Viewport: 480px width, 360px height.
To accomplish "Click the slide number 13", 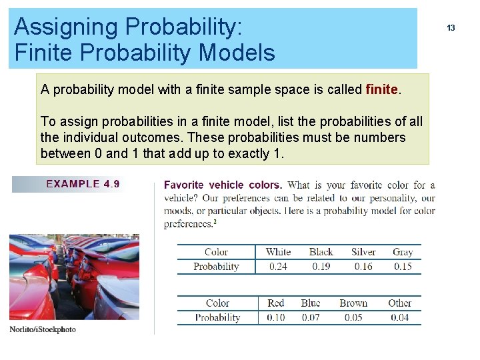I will click(x=451, y=28).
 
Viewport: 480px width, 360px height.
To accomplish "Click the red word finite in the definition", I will click(x=382, y=89).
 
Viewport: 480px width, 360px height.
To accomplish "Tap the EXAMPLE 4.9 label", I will click(x=83, y=184).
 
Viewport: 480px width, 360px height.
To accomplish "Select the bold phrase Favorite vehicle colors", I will click(x=223, y=185).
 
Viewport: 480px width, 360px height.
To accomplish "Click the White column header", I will click(x=278, y=252).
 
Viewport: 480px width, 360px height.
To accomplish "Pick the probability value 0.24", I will click(x=279, y=267).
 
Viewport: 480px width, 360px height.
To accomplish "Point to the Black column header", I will click(x=321, y=252).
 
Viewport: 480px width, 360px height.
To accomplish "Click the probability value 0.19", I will click(x=321, y=267).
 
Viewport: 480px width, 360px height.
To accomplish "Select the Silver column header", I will click(x=363, y=252).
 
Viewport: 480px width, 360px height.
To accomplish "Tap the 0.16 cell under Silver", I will click(x=363, y=267).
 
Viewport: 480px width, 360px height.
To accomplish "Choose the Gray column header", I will click(x=403, y=252).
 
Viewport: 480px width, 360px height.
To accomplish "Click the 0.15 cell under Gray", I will click(x=403, y=267).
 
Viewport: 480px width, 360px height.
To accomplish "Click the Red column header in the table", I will click(x=276, y=303).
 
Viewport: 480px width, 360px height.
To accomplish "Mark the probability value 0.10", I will click(x=276, y=317).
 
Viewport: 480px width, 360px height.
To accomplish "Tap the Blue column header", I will click(x=311, y=303).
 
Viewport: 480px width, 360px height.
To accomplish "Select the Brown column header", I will click(x=353, y=303).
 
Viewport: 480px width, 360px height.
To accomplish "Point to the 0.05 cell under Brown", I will click(x=353, y=317).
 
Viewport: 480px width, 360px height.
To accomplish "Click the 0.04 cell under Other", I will click(x=399, y=317).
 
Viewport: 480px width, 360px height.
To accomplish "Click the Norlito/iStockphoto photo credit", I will click(x=43, y=329).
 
